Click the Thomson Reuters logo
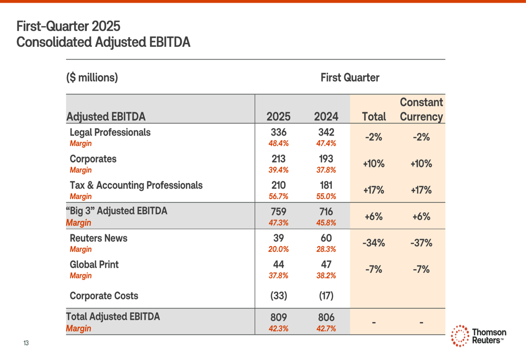478,336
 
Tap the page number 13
26,343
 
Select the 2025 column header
278,117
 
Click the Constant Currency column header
421,109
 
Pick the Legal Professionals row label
110,132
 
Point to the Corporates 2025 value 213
278,159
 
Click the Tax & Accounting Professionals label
136,186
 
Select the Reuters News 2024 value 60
326,238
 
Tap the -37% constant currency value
421,243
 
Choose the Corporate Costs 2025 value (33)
278,296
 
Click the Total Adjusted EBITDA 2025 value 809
278,317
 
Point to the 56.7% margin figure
278,197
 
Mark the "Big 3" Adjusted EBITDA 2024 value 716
326,211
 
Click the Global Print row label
94,264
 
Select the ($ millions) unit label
92,77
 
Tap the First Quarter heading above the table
350,77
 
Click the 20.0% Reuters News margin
278,249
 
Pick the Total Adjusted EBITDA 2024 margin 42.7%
326,328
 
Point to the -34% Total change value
373,243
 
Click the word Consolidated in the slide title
54,42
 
